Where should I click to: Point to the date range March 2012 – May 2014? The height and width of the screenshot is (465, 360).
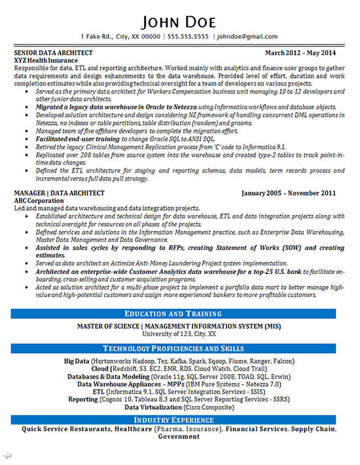(300, 52)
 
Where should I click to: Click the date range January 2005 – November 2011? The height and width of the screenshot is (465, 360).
(289, 193)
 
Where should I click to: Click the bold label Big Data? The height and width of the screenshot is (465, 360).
(77, 361)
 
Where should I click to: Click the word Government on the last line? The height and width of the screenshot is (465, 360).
(179, 437)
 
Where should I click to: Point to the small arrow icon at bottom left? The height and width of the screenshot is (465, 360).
(7, 454)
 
